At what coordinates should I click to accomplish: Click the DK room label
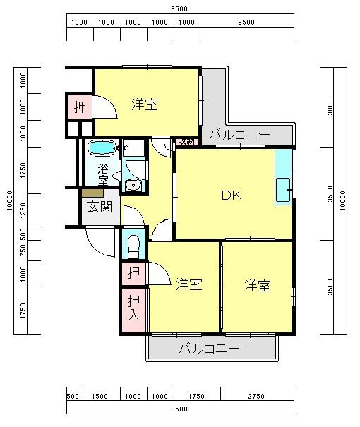click(x=232, y=195)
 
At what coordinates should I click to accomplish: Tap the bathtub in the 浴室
click(x=102, y=148)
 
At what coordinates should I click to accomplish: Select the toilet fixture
click(x=133, y=246)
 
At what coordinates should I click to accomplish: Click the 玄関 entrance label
click(x=99, y=208)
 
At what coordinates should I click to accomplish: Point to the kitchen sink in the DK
click(x=283, y=190)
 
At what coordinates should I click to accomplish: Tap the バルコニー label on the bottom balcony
click(x=210, y=349)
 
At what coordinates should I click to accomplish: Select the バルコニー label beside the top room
click(x=240, y=135)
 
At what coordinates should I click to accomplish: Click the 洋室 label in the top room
click(x=145, y=104)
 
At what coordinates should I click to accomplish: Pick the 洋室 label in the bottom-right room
click(x=258, y=286)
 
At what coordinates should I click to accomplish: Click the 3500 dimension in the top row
click(x=246, y=23)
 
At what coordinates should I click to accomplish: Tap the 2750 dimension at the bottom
click(x=256, y=396)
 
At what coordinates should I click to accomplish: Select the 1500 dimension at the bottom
click(x=100, y=396)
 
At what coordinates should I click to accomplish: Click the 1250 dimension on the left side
click(x=23, y=210)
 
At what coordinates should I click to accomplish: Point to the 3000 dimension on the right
click(x=330, y=107)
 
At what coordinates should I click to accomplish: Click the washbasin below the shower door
click(x=133, y=185)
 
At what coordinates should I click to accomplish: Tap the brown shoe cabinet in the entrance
click(x=92, y=193)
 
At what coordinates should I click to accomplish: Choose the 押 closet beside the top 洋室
click(x=80, y=107)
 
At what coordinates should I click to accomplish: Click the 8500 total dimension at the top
click(x=179, y=9)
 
